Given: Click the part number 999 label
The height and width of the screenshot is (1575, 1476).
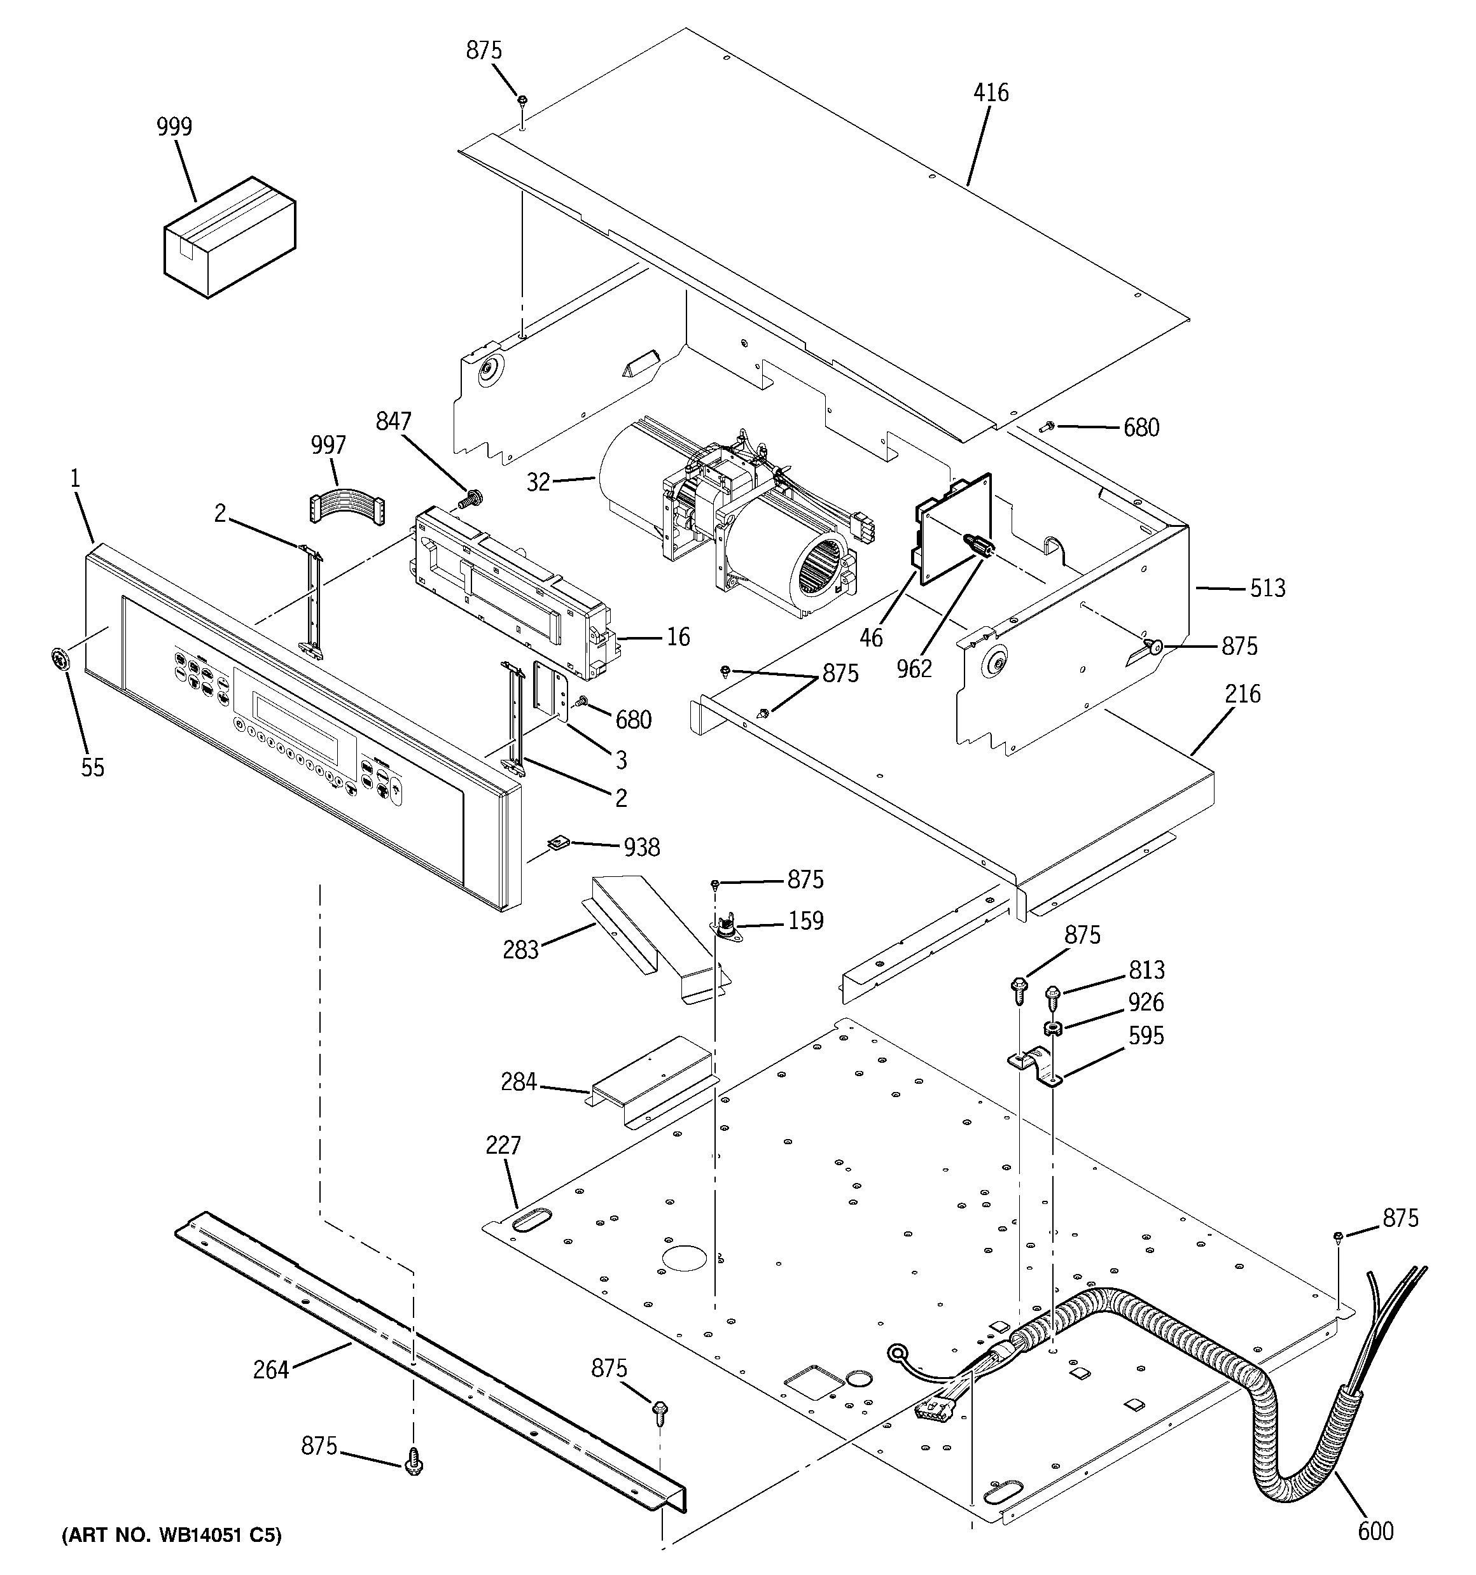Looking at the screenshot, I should [x=174, y=127].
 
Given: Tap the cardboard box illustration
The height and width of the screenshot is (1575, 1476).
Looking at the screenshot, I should [x=230, y=237].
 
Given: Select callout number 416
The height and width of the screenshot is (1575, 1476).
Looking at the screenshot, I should [x=991, y=94].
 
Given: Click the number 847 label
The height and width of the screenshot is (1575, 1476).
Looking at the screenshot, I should [x=394, y=421].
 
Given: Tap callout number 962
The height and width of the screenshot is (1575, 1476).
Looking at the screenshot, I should [x=914, y=669].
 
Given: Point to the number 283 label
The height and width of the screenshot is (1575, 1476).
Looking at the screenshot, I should [x=520, y=949].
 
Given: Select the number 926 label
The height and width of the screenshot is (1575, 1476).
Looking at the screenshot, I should [x=1146, y=1002].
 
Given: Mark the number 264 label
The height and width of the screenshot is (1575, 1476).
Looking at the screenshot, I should [x=271, y=1370].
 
